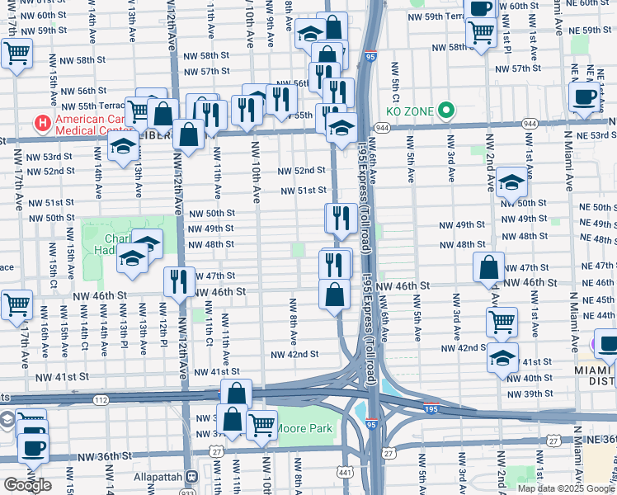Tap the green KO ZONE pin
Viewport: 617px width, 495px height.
tap(447, 109)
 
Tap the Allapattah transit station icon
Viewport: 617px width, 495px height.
tap(191, 477)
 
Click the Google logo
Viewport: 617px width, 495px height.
tap(27, 485)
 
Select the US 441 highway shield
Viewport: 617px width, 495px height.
tap(343, 471)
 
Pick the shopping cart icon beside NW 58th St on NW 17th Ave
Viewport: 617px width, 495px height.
tap(16, 54)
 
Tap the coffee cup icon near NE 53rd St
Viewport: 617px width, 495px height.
tap(585, 96)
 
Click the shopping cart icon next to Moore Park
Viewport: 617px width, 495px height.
tap(261, 425)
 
